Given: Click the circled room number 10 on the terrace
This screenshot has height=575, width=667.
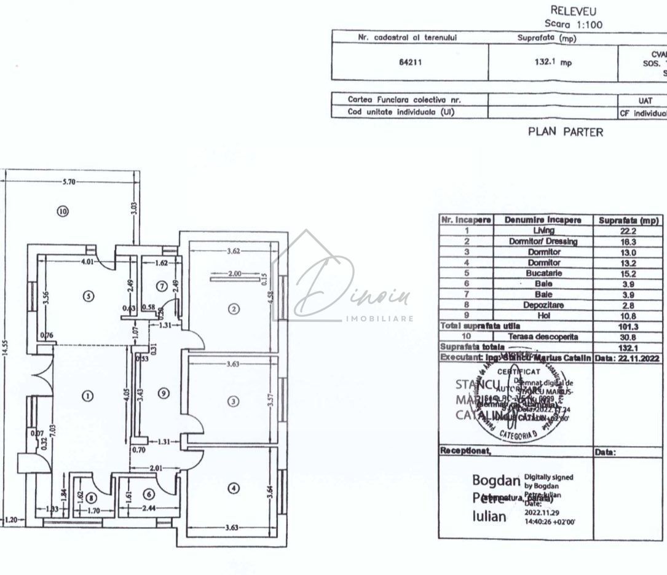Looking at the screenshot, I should point(63,211).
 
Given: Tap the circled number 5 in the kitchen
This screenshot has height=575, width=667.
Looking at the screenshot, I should point(89,295).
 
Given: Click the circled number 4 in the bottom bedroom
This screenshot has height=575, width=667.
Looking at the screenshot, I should point(233,488).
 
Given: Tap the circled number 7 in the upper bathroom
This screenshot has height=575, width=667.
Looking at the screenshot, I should point(161,286).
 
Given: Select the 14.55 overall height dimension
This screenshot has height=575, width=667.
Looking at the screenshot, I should point(5,356).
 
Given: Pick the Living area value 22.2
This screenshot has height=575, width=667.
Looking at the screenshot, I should point(628,230).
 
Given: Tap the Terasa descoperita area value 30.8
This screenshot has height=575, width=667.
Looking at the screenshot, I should point(628,337).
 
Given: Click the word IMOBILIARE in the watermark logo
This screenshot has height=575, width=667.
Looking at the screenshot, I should point(380,319).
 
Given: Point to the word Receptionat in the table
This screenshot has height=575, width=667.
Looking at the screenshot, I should point(465,450).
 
